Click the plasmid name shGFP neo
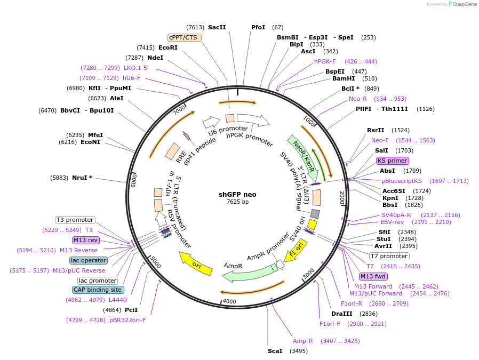point(237,195)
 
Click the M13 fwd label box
point(373,276)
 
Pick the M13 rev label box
point(86,240)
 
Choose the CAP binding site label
point(98,290)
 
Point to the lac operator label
point(89,260)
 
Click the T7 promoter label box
point(389,256)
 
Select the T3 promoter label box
point(75,220)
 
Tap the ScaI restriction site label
point(275,351)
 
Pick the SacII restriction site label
point(217,27)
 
